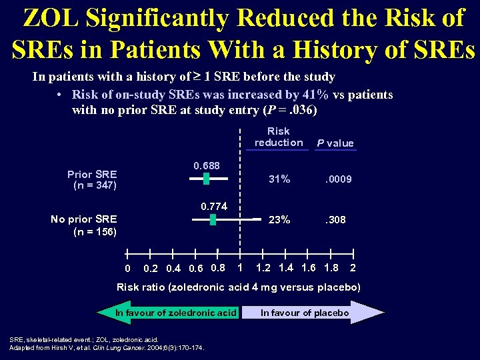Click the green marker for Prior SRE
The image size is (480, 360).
tap(206, 179)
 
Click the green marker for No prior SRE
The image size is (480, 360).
tap(213, 219)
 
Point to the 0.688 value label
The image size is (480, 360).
tap(207, 165)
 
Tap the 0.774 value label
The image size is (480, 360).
tap(215, 207)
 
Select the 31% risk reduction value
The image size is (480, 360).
tap(279, 179)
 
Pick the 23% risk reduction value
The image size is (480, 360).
tap(279, 219)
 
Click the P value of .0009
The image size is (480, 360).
tap(338, 179)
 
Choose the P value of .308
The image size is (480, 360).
tap(335, 219)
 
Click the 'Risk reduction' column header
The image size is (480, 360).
tap(279, 137)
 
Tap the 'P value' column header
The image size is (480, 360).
tap(335, 143)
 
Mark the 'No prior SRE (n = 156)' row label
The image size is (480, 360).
tap(84, 225)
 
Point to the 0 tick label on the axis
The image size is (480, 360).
tap(127, 269)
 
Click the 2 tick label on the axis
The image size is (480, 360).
tap(353, 268)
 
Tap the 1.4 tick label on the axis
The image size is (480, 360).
tap(287, 268)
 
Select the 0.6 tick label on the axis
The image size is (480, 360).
tap(196, 269)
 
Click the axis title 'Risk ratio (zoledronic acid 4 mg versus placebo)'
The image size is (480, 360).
tap(239, 287)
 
